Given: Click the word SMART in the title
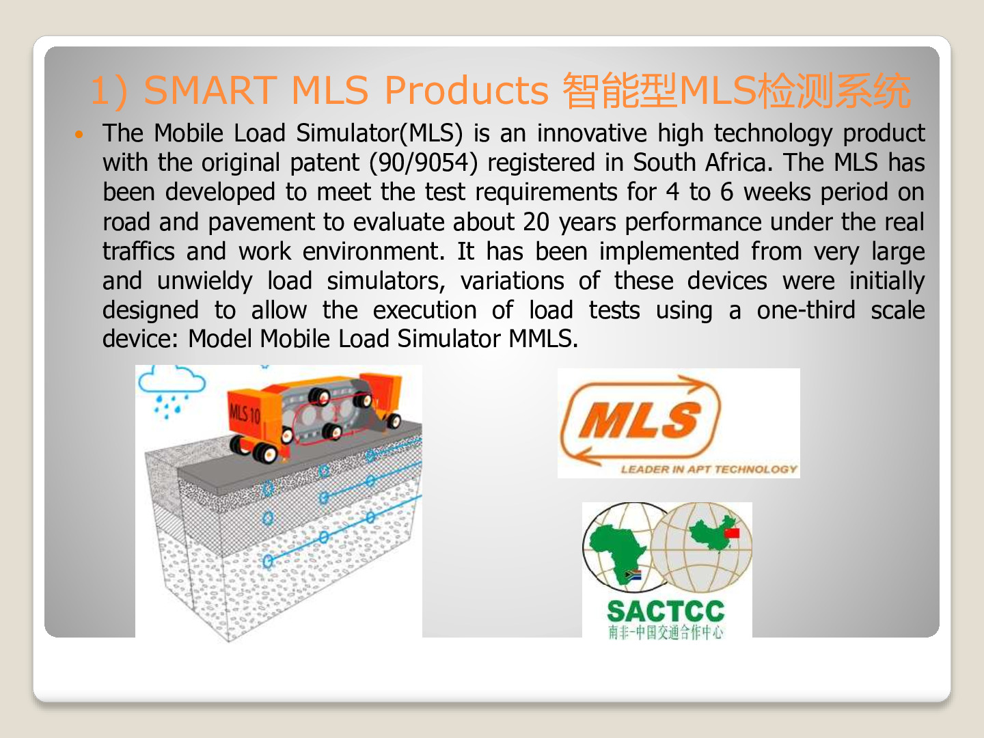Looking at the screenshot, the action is pyautogui.click(x=210, y=90).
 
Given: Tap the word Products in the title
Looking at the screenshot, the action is pyautogui.click(x=466, y=90).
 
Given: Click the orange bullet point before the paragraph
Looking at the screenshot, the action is pyautogui.click(x=79, y=134).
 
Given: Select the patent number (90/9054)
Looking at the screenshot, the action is pyautogui.click(x=424, y=162).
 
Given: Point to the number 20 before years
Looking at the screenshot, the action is pyautogui.click(x=536, y=222).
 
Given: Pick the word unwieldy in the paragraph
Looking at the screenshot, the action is pyautogui.click(x=205, y=282).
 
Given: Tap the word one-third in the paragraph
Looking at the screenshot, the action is pyautogui.click(x=806, y=310).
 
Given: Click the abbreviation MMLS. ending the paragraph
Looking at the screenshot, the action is pyautogui.click(x=543, y=338).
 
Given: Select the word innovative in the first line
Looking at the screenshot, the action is pyautogui.click(x=592, y=133).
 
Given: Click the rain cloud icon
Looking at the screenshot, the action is pyautogui.click(x=171, y=389).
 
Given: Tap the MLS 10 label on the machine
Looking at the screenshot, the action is pyautogui.click(x=245, y=414).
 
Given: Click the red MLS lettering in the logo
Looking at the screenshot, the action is pyautogui.click(x=640, y=420).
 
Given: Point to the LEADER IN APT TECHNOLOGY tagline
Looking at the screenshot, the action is pyautogui.click(x=709, y=469).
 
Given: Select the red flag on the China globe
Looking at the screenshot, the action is pyautogui.click(x=732, y=533).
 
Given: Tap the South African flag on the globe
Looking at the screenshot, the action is pyautogui.click(x=633, y=574).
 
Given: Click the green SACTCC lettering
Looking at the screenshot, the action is pyautogui.click(x=666, y=611).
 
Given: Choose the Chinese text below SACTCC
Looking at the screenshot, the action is pyautogui.click(x=666, y=632).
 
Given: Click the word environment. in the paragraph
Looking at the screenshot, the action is pyautogui.click(x=373, y=251).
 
